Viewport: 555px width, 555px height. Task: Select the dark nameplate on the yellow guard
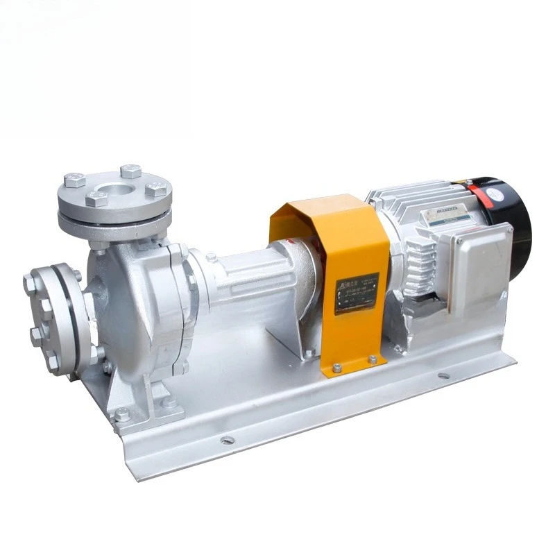tap(357, 293)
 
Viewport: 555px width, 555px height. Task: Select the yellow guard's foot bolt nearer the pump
tap(337, 368)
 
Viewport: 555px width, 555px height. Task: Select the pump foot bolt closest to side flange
tap(122, 415)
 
